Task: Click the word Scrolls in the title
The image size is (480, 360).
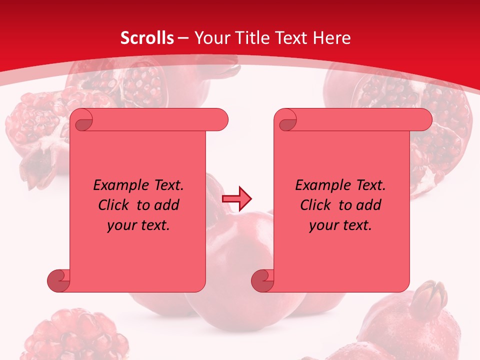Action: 147,38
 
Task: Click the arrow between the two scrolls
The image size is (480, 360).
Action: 237,199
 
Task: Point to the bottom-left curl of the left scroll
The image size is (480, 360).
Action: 58,280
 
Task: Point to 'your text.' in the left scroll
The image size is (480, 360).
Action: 138,225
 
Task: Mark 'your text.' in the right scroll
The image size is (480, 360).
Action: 340,225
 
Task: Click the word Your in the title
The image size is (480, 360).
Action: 210,38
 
